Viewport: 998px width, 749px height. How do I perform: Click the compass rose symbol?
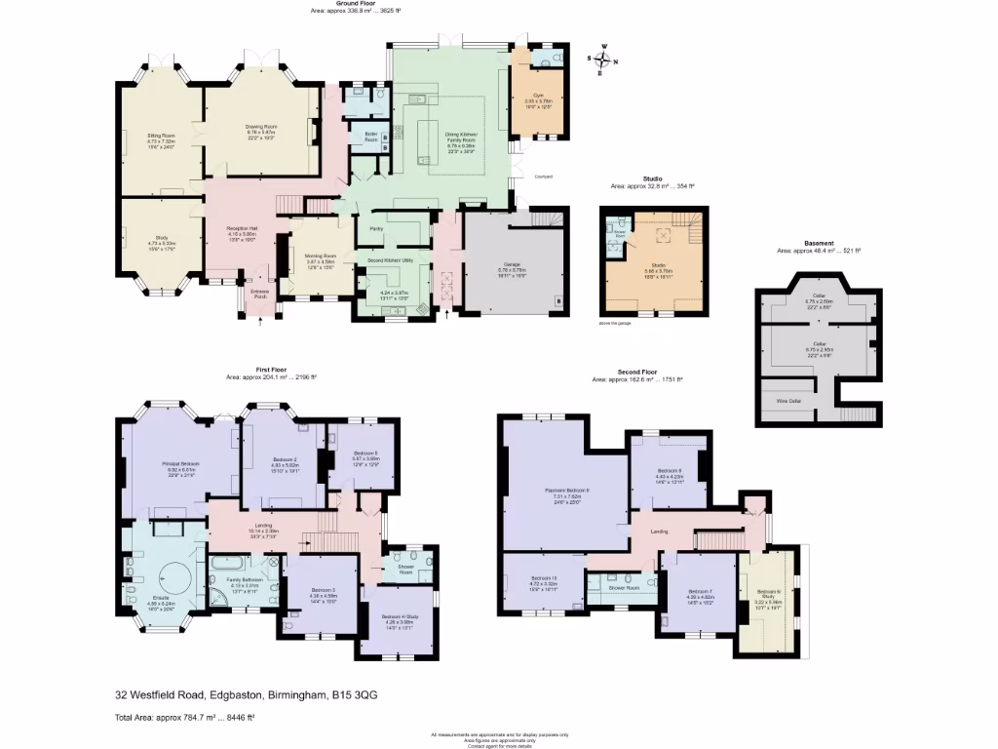[x=600, y=59]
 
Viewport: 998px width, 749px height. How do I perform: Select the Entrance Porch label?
[x=259, y=293]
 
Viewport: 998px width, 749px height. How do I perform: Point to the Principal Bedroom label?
[x=180, y=463]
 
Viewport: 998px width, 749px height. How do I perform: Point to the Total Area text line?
[x=185, y=718]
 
